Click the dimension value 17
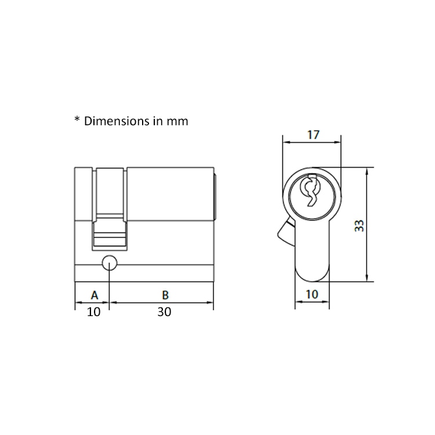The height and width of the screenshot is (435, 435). [x=313, y=135]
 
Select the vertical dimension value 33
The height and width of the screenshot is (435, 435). [x=360, y=226]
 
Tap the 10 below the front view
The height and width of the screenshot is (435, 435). [x=312, y=294]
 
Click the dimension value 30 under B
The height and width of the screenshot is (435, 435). [x=165, y=312]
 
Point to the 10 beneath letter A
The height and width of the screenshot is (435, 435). [x=93, y=312]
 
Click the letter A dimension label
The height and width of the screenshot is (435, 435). [x=95, y=295]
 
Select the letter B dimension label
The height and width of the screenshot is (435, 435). [x=165, y=295]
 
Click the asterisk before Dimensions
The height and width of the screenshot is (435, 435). [x=77, y=120]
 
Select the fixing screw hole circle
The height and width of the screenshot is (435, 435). [x=109, y=263]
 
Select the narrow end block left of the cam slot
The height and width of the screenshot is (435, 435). [x=84, y=194]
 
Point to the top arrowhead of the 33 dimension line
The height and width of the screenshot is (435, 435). [x=368, y=172]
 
